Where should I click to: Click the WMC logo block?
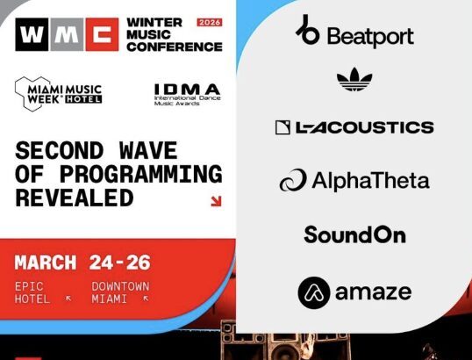(x=67, y=34)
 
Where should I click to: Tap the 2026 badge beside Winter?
(x=209, y=21)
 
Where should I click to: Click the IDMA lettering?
(x=187, y=89)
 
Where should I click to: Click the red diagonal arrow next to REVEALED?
(x=215, y=201)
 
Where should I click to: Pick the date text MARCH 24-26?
(x=82, y=262)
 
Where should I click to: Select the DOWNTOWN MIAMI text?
(x=120, y=292)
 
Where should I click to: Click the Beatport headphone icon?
(x=308, y=31)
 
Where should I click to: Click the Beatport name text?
(x=369, y=37)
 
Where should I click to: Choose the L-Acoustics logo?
(x=354, y=127)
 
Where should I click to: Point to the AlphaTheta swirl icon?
(x=292, y=181)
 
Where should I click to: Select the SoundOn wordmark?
(x=354, y=234)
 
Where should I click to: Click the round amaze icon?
(x=313, y=292)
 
